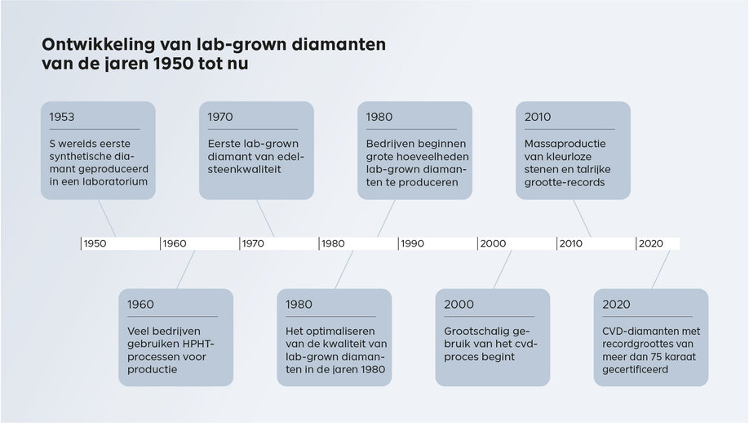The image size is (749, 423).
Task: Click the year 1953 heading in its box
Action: click(62, 118)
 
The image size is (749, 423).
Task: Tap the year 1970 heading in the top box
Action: click(220, 118)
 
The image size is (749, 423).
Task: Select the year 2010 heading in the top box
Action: click(538, 118)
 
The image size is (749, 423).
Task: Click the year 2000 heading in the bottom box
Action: click(459, 305)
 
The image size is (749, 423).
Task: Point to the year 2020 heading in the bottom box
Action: click(617, 305)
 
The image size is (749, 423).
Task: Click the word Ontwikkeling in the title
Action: click(96, 44)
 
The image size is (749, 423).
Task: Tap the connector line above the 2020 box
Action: click(660, 269)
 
